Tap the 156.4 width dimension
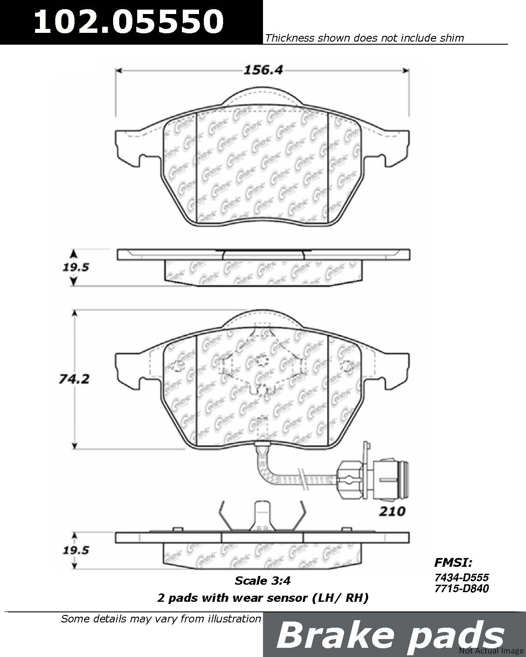(x=263, y=70)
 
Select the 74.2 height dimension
(x=74, y=379)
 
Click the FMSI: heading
(x=453, y=562)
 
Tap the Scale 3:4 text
(x=262, y=581)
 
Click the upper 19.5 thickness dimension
(x=75, y=268)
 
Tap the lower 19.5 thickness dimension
(x=75, y=550)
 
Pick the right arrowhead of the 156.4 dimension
(x=406, y=71)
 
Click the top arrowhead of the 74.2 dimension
(x=74, y=314)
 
